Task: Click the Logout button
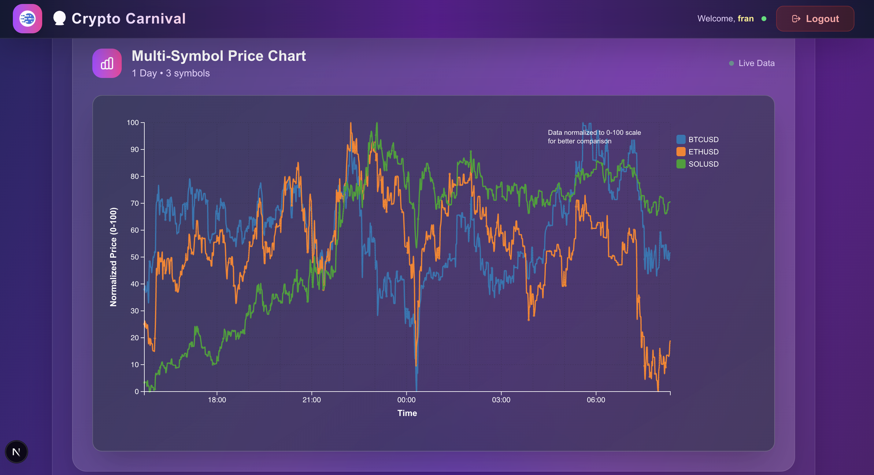815,19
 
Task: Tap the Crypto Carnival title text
128,19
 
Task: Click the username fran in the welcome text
746,19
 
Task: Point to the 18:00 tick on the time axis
217,400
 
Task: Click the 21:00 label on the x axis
311,400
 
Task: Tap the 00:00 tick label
406,400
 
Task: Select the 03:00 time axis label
501,400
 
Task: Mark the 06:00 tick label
596,400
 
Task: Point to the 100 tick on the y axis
133,123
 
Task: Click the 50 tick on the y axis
135,257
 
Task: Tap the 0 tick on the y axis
137,392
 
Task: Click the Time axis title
407,413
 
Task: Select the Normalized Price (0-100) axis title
113,257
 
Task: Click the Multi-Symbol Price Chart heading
218,56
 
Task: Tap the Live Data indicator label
756,63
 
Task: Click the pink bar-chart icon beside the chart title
107,63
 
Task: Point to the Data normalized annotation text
594,137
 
